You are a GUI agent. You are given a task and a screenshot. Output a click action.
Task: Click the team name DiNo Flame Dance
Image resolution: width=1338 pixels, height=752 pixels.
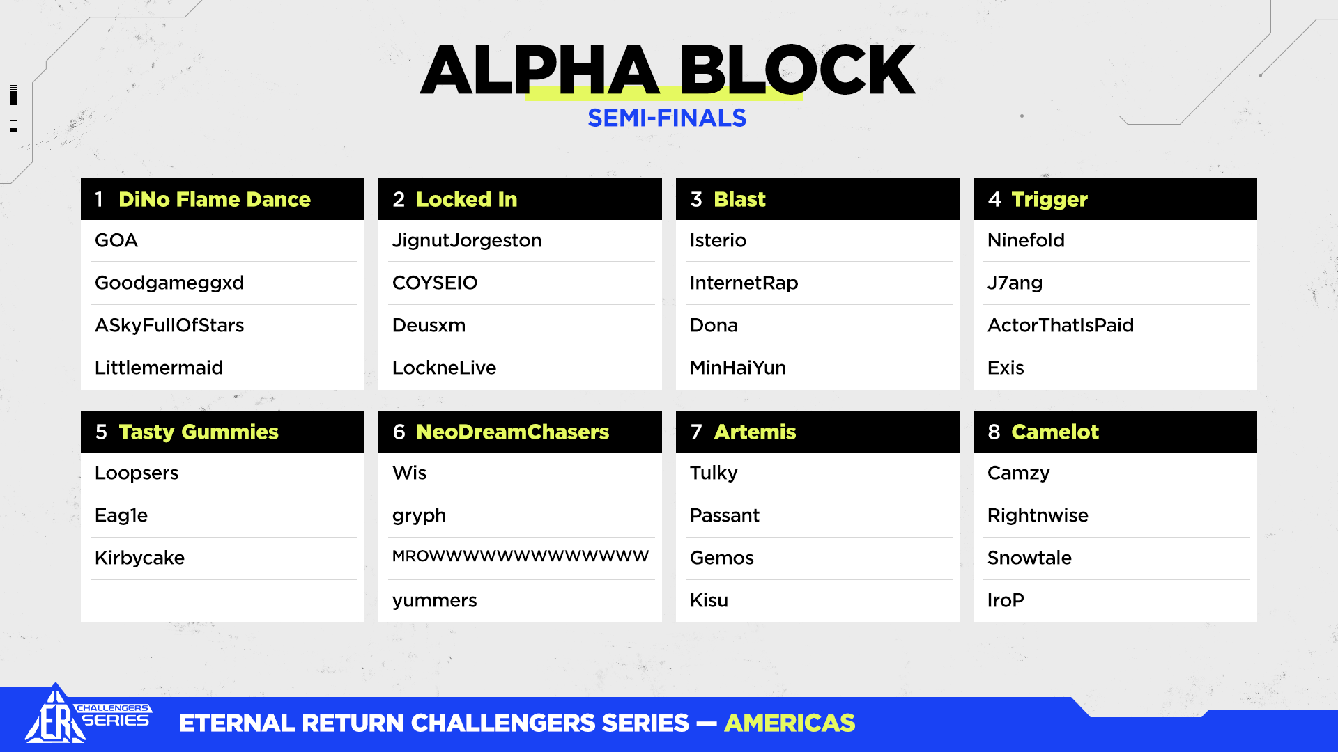pyautogui.click(x=215, y=200)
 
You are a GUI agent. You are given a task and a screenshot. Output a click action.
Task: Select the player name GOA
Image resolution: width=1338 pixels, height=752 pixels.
pyautogui.click(x=116, y=241)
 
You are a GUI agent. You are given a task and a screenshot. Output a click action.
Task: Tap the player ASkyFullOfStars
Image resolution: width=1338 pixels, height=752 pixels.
pyautogui.click(x=169, y=326)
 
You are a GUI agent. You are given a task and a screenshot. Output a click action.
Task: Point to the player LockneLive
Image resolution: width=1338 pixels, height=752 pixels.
pyautogui.click(x=444, y=368)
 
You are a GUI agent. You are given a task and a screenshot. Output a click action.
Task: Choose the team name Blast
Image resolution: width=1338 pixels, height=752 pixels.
pyautogui.click(x=739, y=200)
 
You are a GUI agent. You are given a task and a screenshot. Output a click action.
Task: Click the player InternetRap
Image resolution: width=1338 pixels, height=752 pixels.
pyautogui.click(x=744, y=283)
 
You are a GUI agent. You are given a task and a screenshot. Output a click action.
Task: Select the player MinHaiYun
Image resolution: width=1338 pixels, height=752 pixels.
pyautogui.click(x=738, y=368)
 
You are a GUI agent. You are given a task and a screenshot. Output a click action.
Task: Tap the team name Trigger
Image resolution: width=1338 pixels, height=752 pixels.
pyautogui.click(x=1049, y=201)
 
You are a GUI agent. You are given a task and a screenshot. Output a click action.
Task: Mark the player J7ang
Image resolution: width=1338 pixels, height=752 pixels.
pyautogui.click(x=1015, y=283)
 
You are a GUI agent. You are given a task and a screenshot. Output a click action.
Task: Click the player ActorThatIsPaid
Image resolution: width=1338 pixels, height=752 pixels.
pyautogui.click(x=1061, y=325)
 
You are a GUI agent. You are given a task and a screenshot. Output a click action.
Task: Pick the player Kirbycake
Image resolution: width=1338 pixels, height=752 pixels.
pyautogui.click(x=139, y=558)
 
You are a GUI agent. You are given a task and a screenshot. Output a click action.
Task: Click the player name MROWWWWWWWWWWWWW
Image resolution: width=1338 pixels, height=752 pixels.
pyautogui.click(x=521, y=556)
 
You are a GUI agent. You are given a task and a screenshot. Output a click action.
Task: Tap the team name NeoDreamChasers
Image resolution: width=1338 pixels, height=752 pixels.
pyautogui.click(x=512, y=432)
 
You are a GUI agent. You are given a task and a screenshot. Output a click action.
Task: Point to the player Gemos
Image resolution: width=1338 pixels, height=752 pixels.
pyautogui.click(x=722, y=558)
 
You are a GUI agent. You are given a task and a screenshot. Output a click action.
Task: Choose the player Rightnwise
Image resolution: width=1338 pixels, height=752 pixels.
pyautogui.click(x=1038, y=516)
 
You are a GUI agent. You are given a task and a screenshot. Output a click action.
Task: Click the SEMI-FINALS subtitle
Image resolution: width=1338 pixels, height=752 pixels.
pyautogui.click(x=667, y=118)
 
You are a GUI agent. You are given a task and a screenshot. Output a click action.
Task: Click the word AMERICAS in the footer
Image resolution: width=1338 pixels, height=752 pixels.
pyautogui.click(x=790, y=723)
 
